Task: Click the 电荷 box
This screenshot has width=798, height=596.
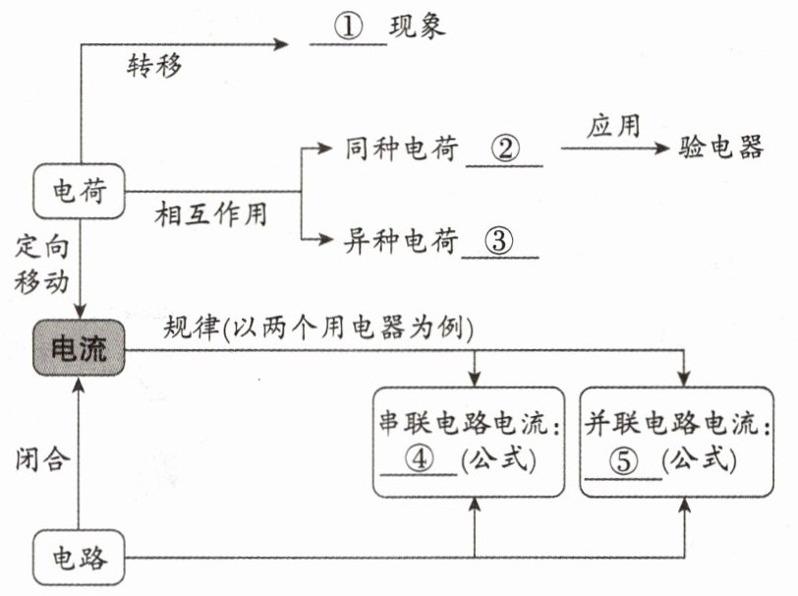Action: point(79,191)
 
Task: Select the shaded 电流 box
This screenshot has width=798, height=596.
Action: point(79,348)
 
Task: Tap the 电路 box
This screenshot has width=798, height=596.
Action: point(79,558)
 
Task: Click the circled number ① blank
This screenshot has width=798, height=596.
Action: point(349,26)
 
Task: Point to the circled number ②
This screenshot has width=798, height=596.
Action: point(505,149)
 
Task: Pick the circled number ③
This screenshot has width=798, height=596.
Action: point(499,240)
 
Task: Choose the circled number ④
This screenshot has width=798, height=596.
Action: point(419,459)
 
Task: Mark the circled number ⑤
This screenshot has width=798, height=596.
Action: point(623,461)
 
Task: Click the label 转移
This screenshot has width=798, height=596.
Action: point(154,66)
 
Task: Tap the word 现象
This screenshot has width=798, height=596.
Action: point(418,26)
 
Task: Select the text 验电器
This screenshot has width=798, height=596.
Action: point(721,148)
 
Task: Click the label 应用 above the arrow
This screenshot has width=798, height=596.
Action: point(614,126)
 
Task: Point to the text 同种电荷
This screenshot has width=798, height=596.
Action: point(402,149)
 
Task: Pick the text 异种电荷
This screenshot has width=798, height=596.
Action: point(401,241)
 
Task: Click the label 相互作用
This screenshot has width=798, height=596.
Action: point(211,213)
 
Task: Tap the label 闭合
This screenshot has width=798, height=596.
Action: point(42,459)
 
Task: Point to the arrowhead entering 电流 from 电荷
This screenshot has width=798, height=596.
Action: point(80,311)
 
